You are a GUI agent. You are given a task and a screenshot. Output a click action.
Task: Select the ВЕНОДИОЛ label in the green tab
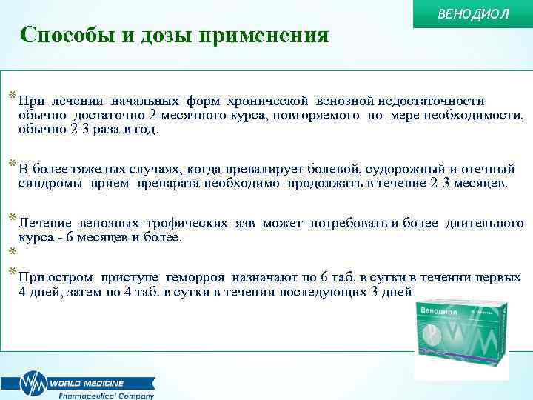(475, 14)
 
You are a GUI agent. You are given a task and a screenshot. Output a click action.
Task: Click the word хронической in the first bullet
(272, 101)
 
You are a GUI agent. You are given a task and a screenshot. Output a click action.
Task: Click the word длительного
(485, 223)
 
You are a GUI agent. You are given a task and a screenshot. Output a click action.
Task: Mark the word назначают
(265, 278)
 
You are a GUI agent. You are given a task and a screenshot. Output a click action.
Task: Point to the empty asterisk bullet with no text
(11, 252)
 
